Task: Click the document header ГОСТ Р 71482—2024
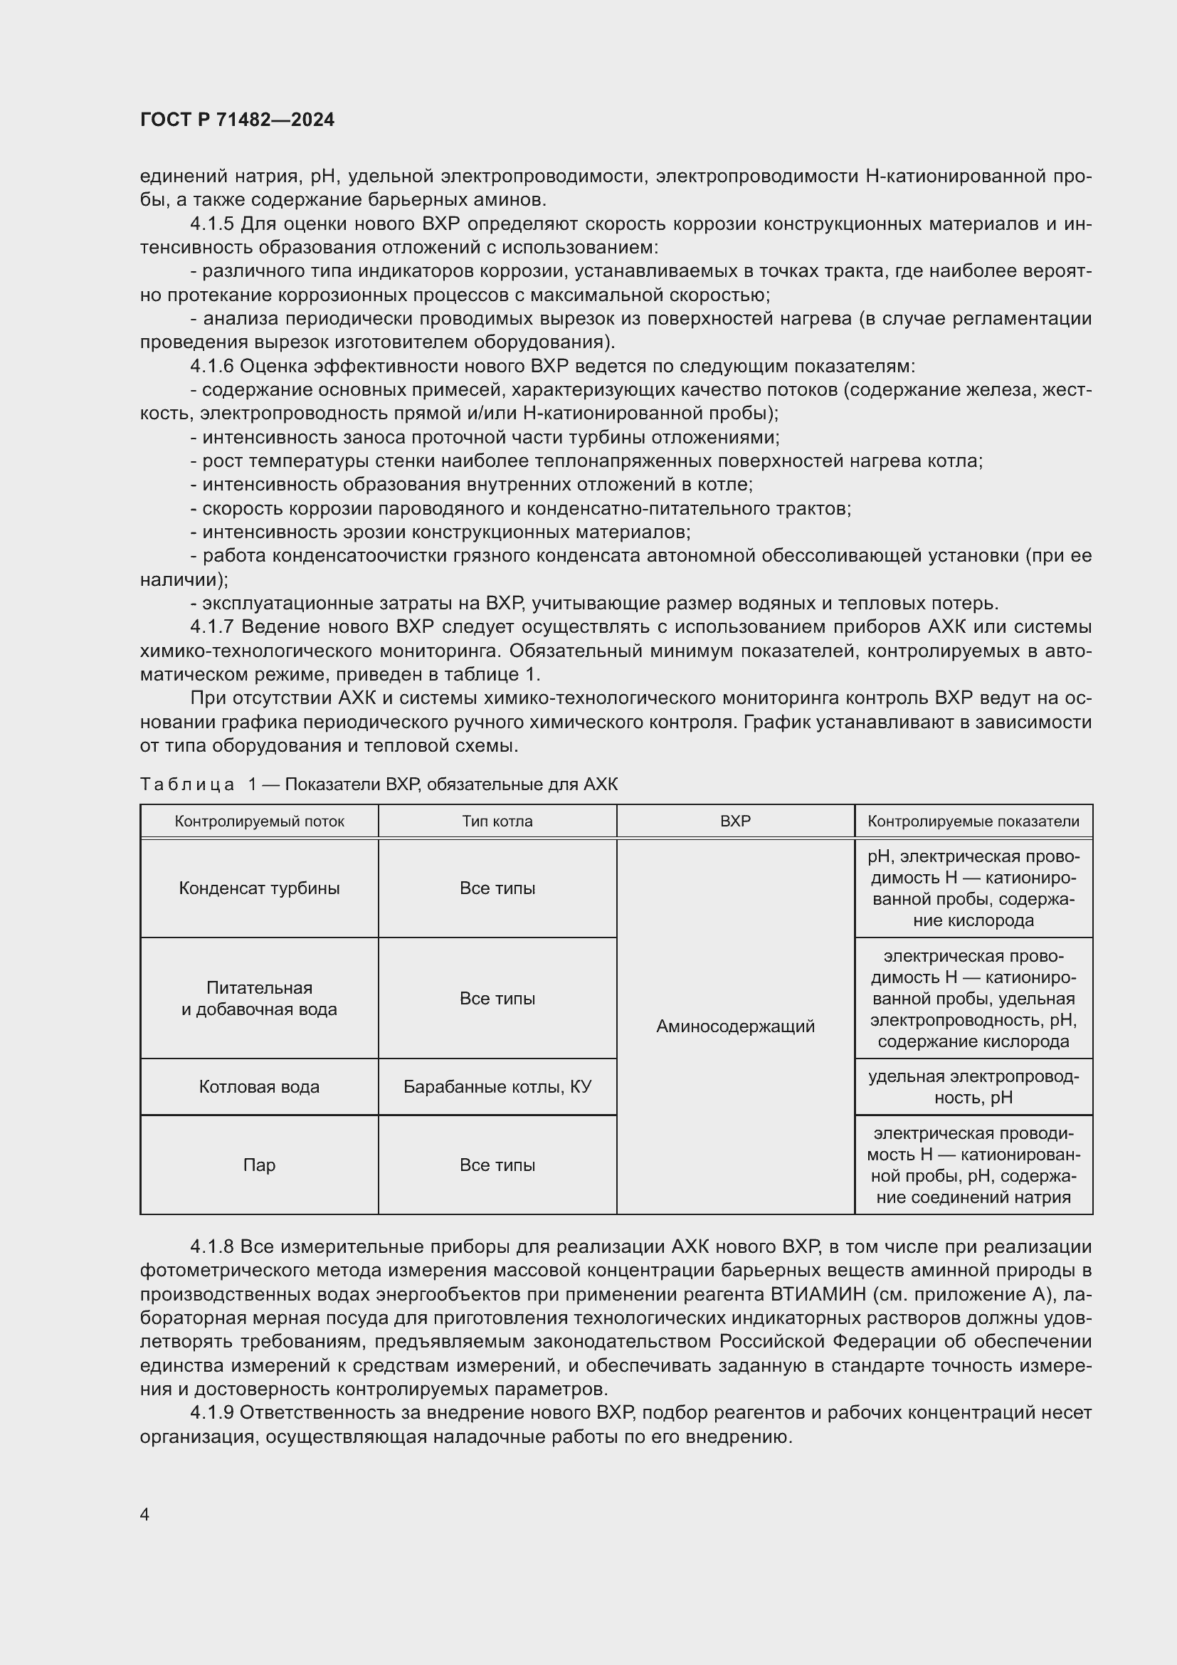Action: click(x=237, y=120)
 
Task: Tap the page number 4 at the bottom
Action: click(x=144, y=1514)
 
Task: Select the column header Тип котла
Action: click(x=497, y=821)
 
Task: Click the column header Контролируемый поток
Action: click(x=260, y=821)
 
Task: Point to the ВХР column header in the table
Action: click(x=735, y=821)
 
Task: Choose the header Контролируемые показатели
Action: click(x=973, y=821)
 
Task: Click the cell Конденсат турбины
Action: click(x=260, y=888)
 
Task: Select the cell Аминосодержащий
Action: click(x=735, y=1026)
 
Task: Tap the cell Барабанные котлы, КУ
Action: click(x=497, y=1086)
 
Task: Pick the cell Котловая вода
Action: click(x=260, y=1086)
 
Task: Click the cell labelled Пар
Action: click(x=260, y=1165)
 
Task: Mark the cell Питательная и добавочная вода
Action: click(x=260, y=999)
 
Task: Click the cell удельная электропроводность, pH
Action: click(x=973, y=1086)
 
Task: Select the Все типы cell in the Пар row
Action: click(x=497, y=1165)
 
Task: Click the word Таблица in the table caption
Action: click(x=187, y=784)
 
